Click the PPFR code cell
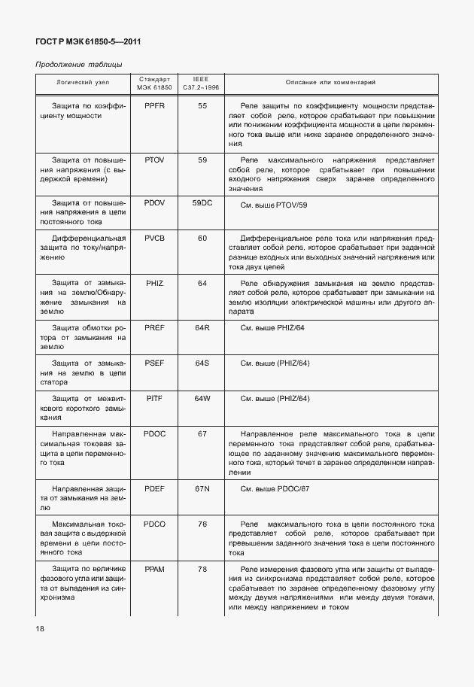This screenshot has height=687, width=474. click(x=155, y=106)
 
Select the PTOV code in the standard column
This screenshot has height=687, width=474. click(x=155, y=160)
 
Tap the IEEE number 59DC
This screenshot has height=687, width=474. click(x=202, y=203)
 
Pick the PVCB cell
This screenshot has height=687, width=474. click(x=155, y=238)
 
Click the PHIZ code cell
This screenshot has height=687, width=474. click(x=155, y=283)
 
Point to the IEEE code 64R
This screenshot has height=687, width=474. click(x=202, y=328)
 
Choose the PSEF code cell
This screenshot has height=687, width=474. click(x=155, y=363)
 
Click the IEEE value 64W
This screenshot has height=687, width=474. click(x=202, y=397)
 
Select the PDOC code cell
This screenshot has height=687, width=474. click(x=155, y=434)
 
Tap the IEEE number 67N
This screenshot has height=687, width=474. click(x=202, y=488)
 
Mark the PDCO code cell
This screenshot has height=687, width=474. click(x=155, y=523)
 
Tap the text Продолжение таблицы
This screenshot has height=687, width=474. click(x=78, y=64)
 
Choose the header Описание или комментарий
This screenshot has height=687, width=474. click(x=330, y=82)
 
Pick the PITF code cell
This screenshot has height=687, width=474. click(x=155, y=397)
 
